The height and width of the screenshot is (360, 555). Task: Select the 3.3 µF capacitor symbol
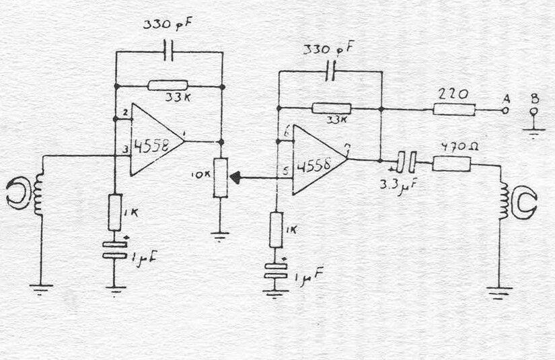404,161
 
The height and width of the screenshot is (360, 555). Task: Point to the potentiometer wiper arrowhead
236,178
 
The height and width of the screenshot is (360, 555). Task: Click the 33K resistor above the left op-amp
168,85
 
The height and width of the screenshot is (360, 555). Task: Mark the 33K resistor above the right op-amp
331,108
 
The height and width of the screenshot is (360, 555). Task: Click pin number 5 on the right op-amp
286,170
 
